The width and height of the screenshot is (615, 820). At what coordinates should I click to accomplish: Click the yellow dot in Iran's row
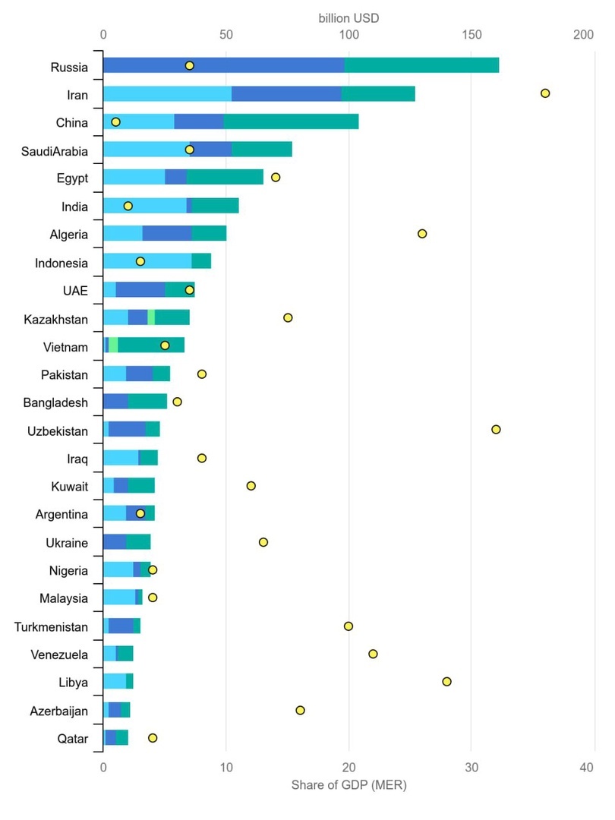544,93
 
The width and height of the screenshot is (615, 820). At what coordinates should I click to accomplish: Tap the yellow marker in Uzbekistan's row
496,430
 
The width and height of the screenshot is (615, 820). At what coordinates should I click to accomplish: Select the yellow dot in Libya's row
446,682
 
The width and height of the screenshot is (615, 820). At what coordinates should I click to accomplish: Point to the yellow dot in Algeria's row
422,234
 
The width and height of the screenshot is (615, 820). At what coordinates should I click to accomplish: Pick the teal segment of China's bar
291,121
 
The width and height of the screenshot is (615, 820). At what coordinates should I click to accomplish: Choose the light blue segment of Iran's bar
167,93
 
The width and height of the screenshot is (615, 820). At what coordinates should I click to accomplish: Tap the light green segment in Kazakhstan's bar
151,317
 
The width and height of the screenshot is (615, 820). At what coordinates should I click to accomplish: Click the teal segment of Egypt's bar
225,178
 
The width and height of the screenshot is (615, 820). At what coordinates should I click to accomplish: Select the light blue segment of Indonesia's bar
147,262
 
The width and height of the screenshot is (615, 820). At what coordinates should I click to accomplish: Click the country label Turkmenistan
51,626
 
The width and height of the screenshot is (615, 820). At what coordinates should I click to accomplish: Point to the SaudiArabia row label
54,151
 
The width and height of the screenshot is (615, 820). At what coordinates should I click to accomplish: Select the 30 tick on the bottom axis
471,768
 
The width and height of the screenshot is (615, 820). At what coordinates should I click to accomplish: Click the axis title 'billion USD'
348,16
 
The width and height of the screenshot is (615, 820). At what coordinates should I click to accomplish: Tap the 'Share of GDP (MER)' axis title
348,785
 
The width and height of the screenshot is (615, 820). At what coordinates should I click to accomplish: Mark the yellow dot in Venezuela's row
373,654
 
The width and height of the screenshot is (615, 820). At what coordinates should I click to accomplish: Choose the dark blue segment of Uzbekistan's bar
127,430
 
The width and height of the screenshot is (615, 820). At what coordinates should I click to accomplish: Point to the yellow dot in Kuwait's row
251,486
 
